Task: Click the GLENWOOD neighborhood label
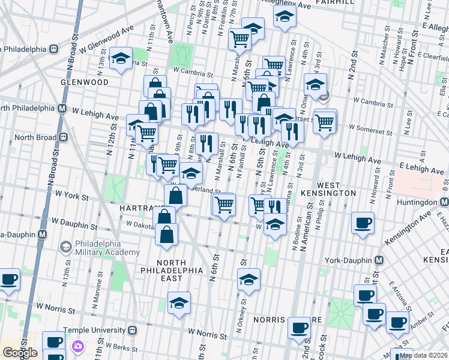click(x=84, y=82)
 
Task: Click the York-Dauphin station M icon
click(x=379, y=260)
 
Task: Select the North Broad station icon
click(x=62, y=137)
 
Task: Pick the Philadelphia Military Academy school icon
click(x=65, y=246)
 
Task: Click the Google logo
click(x=19, y=353)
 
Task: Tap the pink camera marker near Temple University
click(x=77, y=346)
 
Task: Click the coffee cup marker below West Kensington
click(x=363, y=223)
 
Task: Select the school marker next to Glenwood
click(x=122, y=58)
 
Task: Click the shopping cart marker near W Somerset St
click(x=324, y=122)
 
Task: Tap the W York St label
click(x=71, y=196)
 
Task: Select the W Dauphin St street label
click(x=76, y=227)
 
